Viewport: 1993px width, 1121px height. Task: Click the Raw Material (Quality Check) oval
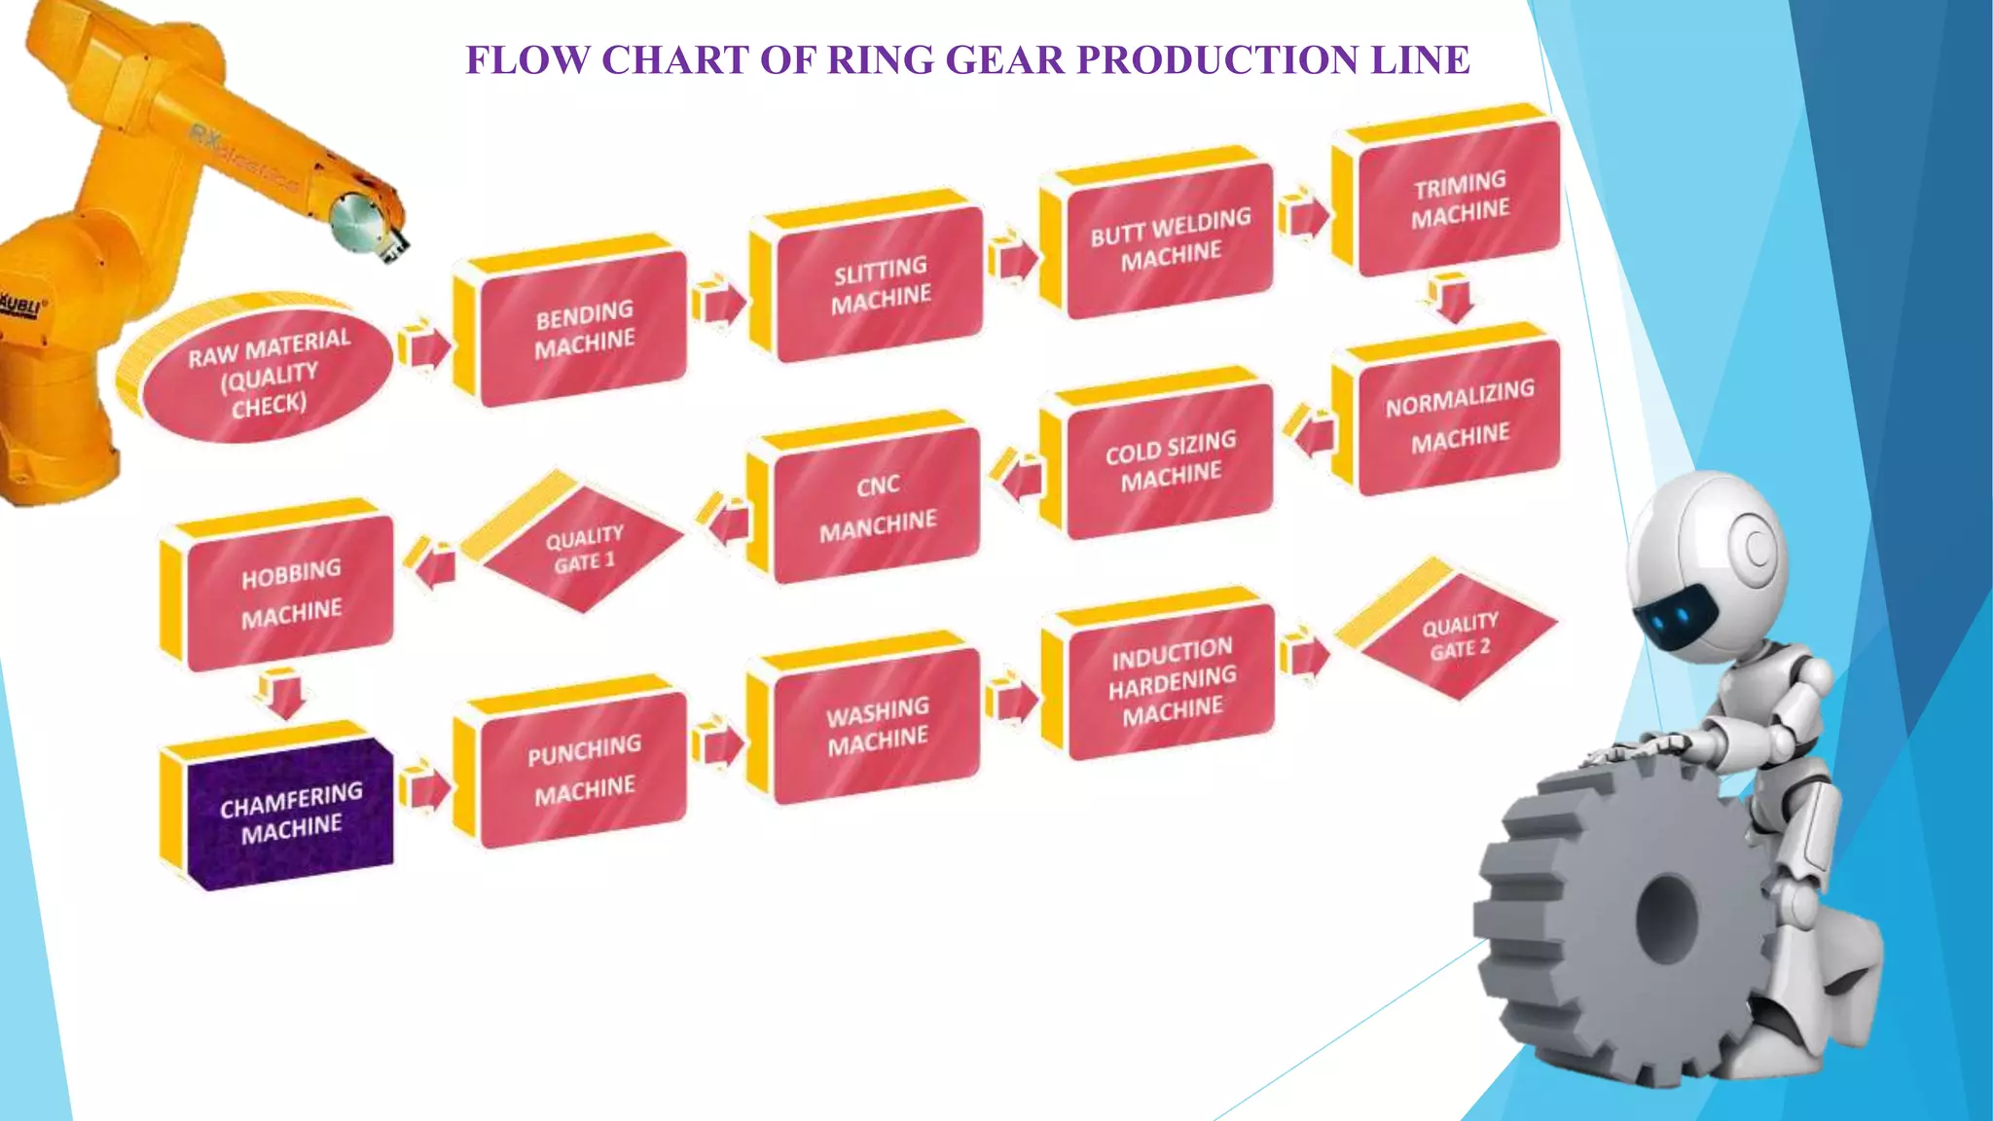pyautogui.click(x=267, y=374)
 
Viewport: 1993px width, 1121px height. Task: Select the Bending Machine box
pyautogui.click(x=583, y=328)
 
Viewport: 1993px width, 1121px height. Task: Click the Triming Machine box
pyautogui.click(x=1459, y=198)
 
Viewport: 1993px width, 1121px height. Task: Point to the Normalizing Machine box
pyautogui.click(x=1459, y=416)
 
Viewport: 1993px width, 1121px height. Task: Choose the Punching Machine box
pyautogui.click(x=584, y=769)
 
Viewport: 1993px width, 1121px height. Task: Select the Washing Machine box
pyautogui.click(x=877, y=724)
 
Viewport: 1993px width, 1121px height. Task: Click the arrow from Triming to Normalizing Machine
pyautogui.click(x=1453, y=300)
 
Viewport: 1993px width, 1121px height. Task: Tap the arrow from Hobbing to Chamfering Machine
pyautogui.click(x=282, y=694)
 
